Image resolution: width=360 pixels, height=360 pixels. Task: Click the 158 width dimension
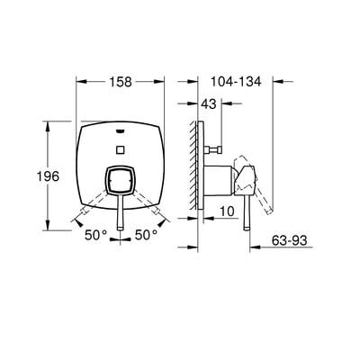[x=121, y=82]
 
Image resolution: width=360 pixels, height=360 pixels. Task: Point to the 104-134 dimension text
[x=235, y=82]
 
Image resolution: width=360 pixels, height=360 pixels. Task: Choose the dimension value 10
[x=226, y=211]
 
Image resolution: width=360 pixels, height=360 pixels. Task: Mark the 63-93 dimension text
[x=293, y=242]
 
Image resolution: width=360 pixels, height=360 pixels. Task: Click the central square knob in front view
[x=121, y=183]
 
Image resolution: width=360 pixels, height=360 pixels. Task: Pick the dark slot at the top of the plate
[x=121, y=128]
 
